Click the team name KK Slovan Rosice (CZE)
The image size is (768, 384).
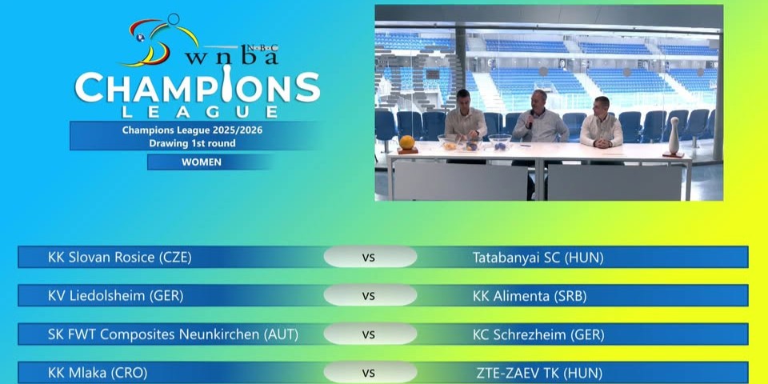point(120,258)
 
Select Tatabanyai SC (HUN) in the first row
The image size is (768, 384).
point(538,258)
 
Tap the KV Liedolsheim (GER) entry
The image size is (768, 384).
point(116,296)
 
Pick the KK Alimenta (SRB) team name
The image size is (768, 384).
point(530,296)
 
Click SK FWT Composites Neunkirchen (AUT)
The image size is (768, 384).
point(173,334)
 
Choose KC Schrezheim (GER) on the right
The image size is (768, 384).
point(538,334)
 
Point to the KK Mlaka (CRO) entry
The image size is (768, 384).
point(98,373)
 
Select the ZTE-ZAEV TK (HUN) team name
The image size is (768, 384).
point(540,373)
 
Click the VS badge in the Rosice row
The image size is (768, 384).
point(369,258)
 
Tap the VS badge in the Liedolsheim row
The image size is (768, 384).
point(369,296)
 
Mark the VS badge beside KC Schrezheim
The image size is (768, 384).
point(369,334)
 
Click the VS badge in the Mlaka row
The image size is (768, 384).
point(369,373)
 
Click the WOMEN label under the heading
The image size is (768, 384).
point(202,162)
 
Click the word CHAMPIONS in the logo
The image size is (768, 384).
point(197,86)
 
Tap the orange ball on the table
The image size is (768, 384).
point(407,142)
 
